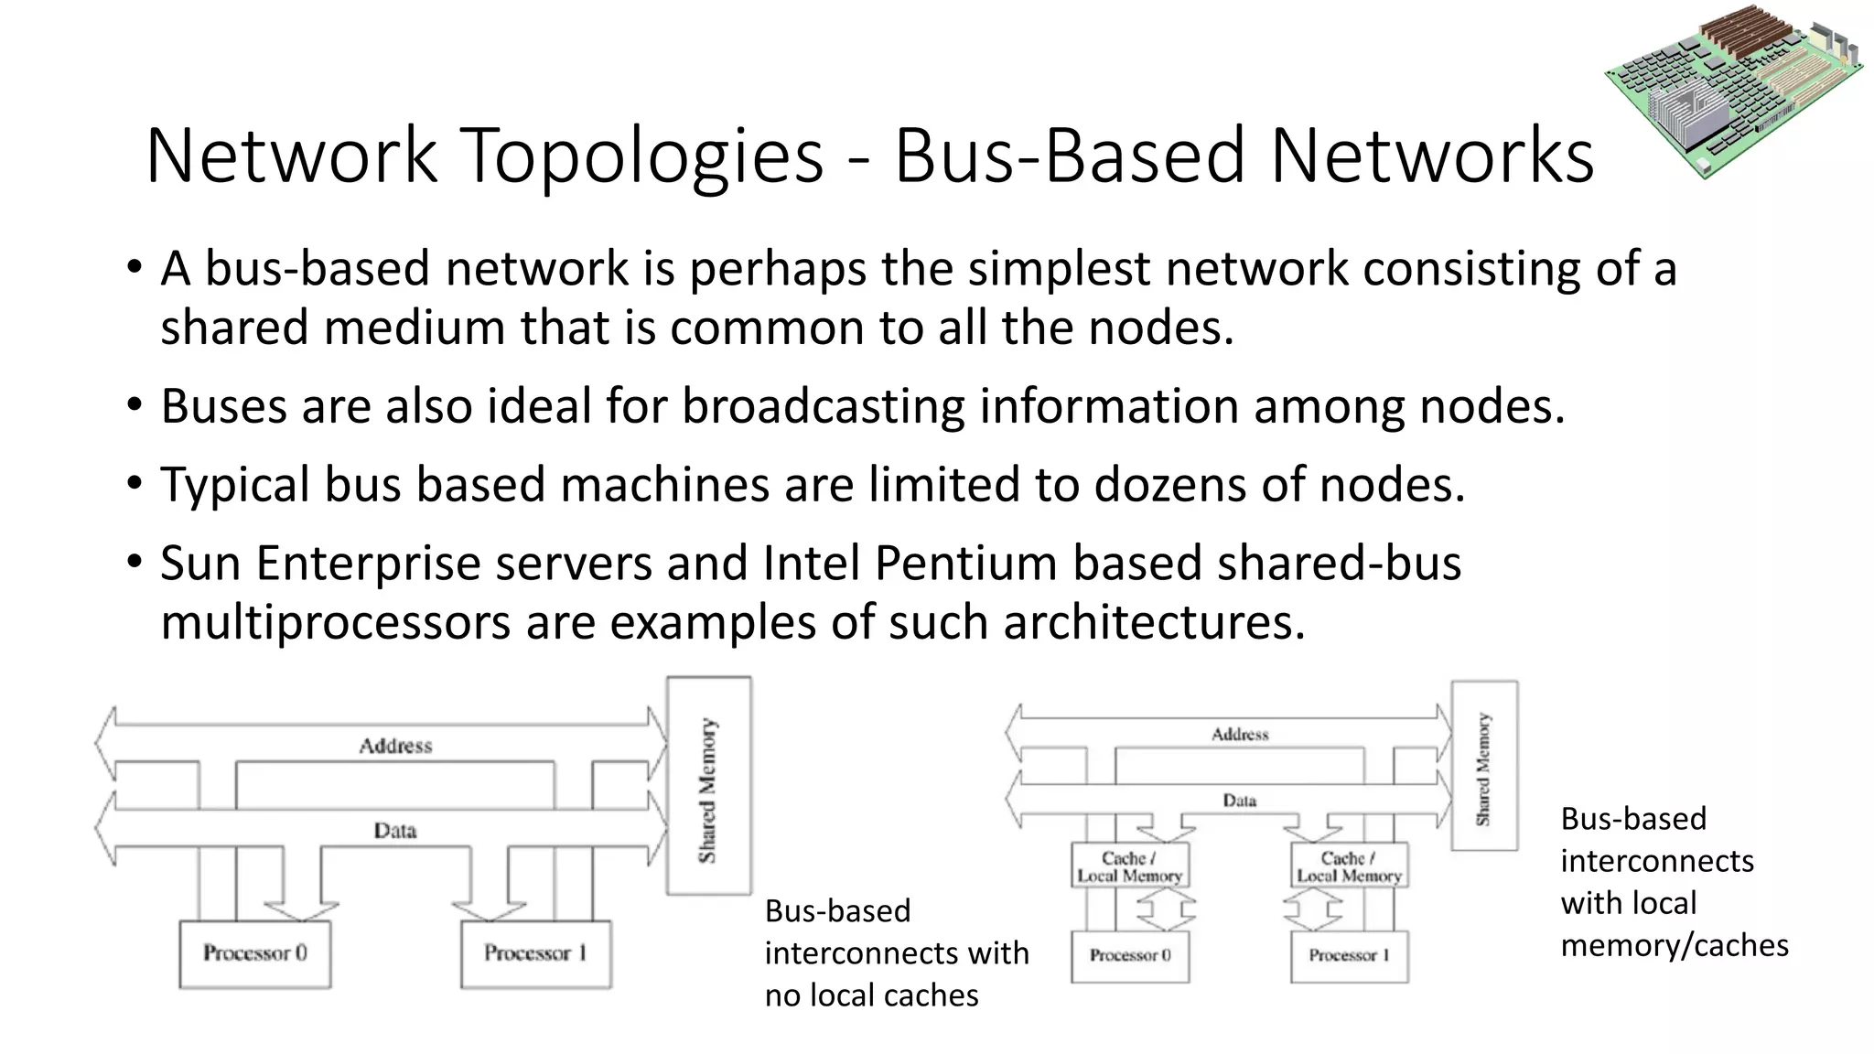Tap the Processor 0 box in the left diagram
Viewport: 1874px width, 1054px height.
tap(255, 953)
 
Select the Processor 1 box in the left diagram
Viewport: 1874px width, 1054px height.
tap(535, 953)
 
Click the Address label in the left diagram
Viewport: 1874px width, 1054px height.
tap(395, 746)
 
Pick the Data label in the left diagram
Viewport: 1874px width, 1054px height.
tap(395, 831)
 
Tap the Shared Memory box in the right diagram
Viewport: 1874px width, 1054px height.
tap(1484, 767)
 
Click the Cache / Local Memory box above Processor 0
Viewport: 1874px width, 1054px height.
tap(1130, 866)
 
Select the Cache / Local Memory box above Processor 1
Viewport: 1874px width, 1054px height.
tap(1349, 866)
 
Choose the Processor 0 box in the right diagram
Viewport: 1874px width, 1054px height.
tap(1130, 955)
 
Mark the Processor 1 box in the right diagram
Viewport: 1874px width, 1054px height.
tap(1349, 955)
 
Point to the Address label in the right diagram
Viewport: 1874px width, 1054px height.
tap(1240, 734)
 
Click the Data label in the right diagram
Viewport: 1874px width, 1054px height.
tap(1240, 801)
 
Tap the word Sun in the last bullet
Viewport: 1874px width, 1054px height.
tap(201, 563)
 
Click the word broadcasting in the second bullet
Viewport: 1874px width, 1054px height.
tap(823, 406)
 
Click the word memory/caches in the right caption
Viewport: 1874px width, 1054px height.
tap(1675, 945)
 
